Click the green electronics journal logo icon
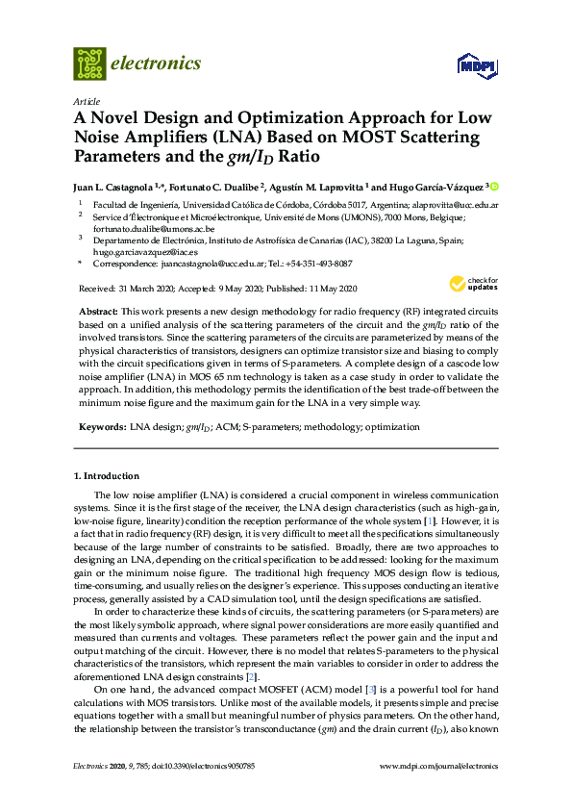[x=89, y=63]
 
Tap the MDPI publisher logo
[x=478, y=65]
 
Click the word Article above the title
[x=86, y=101]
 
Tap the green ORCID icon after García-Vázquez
[x=495, y=186]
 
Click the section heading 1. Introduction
[x=106, y=476]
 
